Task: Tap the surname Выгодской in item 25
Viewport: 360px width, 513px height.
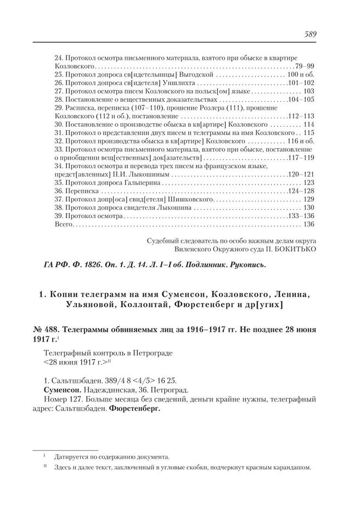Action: pyautogui.click(x=195, y=74)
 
